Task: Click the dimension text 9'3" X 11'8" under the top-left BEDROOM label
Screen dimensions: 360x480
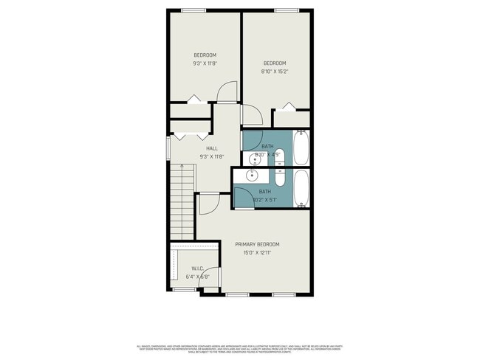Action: pyautogui.click(x=205, y=63)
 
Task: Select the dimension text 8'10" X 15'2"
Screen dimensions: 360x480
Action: pyautogui.click(x=274, y=72)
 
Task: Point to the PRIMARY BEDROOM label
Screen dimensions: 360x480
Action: pyautogui.click(x=258, y=244)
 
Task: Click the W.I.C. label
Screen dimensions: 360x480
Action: pyautogui.click(x=197, y=269)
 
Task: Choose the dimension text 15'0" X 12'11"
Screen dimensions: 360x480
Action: pyautogui.click(x=258, y=253)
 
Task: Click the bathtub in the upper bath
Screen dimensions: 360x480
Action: pyautogui.click(x=301, y=148)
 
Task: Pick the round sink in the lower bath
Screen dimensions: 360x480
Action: pyautogui.click(x=252, y=176)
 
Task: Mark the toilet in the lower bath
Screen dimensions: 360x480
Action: pyautogui.click(x=280, y=178)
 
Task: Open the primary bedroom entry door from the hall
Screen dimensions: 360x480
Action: pyautogui.click(x=208, y=203)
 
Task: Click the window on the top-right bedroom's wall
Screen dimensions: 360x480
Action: pyautogui.click(x=286, y=10)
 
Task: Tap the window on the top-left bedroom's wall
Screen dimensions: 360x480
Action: pyautogui.click(x=193, y=10)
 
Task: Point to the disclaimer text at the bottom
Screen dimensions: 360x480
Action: pyautogui.click(x=241, y=347)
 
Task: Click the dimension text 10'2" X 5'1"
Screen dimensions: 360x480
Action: pyautogui.click(x=265, y=199)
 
